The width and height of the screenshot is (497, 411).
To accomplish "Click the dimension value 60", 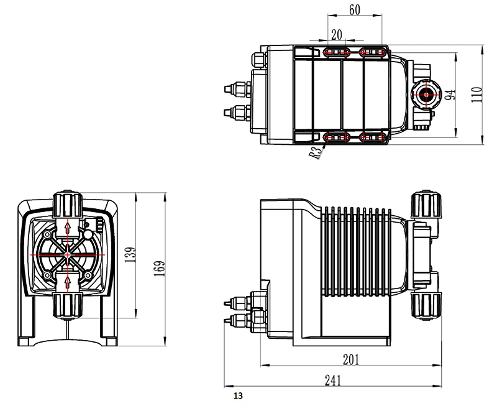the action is tap(355, 9).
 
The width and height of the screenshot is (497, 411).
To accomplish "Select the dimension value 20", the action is tap(337, 35).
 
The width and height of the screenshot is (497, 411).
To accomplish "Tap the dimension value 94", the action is tap(450, 95).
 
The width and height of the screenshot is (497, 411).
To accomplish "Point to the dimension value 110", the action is tap(476, 95).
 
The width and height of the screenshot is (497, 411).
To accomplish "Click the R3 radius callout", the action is tap(316, 153).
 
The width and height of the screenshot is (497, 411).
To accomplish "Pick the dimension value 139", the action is tap(130, 255).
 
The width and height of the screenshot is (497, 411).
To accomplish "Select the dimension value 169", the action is tap(159, 269).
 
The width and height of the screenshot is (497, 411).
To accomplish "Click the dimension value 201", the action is tap(351, 359).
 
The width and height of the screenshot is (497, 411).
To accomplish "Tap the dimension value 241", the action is tap(333, 381).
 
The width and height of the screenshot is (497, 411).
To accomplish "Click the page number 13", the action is tap(238, 396).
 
